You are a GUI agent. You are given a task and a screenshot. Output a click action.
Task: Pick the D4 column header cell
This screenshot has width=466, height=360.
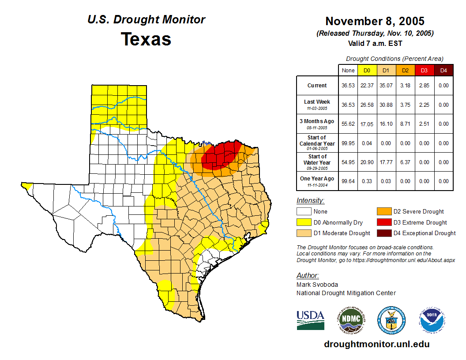pyautogui.click(x=443, y=70)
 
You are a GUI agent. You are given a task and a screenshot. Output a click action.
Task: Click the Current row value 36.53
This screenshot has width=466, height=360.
pyautogui.click(x=348, y=86)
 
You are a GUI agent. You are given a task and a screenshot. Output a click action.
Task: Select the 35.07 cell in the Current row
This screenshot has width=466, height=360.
pyautogui.click(x=386, y=86)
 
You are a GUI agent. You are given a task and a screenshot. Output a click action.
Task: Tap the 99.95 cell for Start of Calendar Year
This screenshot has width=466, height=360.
pyautogui.click(x=348, y=143)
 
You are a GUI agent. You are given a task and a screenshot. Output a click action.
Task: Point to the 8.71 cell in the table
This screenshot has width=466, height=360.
pyautogui.click(x=406, y=124)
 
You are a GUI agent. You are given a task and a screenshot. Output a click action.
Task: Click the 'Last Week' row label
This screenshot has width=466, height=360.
pyautogui.click(x=317, y=102)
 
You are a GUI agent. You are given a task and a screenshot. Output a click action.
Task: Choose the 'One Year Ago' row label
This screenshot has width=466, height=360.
pyautogui.click(x=317, y=179)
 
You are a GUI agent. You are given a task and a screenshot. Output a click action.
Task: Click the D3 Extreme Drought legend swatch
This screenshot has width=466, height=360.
pyautogui.click(x=383, y=222)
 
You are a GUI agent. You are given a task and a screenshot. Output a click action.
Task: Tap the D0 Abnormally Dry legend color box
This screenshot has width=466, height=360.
pyautogui.click(x=304, y=222)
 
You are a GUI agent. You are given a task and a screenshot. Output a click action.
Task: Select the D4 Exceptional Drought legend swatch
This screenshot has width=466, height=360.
pyautogui.click(x=383, y=233)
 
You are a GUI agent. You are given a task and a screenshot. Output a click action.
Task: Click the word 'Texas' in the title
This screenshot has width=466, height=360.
pyautogui.click(x=146, y=39)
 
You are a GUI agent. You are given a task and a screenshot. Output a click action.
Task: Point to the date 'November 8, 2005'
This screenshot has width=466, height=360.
pyautogui.click(x=375, y=21)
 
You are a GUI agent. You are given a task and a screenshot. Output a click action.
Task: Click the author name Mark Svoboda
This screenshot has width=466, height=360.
pyautogui.click(x=315, y=285)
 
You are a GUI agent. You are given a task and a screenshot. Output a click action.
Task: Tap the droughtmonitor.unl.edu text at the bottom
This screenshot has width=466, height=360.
pyautogui.click(x=376, y=344)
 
